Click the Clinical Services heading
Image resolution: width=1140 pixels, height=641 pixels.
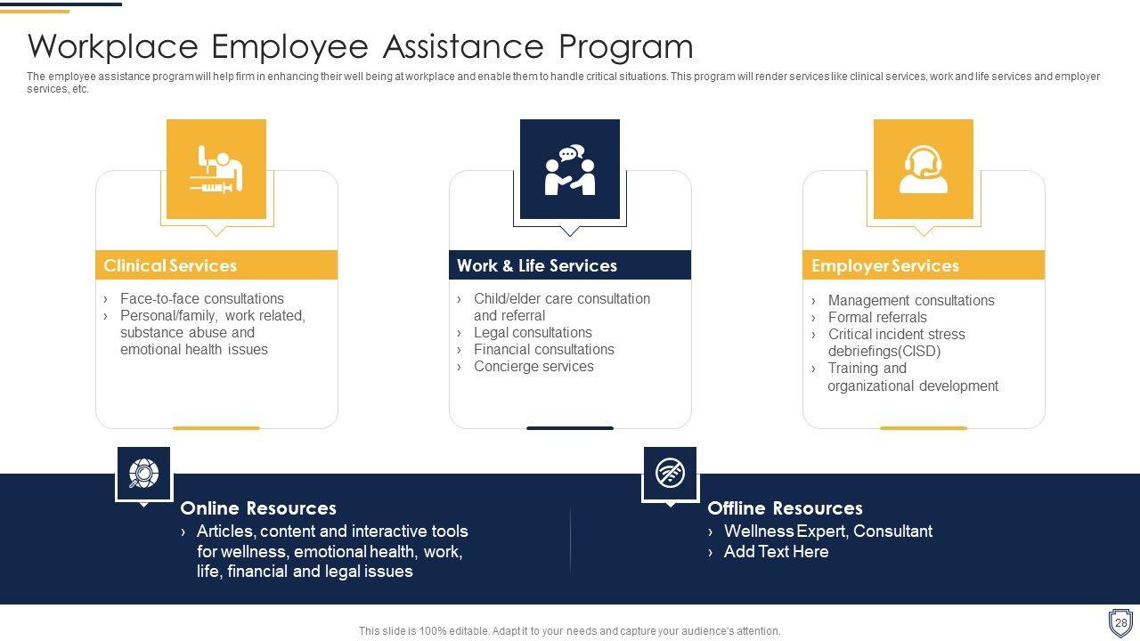170,265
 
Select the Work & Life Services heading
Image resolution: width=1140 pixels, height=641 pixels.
536,265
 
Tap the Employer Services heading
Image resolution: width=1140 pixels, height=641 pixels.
884,265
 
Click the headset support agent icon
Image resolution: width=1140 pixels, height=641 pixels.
923,169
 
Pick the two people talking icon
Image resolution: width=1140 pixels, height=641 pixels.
570,169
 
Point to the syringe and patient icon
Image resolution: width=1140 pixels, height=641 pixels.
216,169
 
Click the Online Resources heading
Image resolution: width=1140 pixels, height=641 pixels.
257,508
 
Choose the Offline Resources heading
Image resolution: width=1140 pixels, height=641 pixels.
785,508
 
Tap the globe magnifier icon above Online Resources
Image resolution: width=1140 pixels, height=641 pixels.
143,474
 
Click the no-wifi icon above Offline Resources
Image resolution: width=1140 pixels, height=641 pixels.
670,473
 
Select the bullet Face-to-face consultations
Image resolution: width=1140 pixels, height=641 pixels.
201,299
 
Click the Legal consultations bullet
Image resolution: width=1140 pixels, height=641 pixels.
533,333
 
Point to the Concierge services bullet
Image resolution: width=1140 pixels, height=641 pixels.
533,367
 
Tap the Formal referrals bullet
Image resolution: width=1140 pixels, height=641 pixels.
877,318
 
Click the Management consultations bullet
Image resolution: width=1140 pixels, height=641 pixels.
910,301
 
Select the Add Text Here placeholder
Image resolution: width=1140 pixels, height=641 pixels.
776,552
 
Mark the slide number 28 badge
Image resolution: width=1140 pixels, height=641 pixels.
1120,622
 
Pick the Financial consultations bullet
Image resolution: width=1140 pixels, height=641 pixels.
543,350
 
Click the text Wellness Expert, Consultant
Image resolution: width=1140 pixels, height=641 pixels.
828,531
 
